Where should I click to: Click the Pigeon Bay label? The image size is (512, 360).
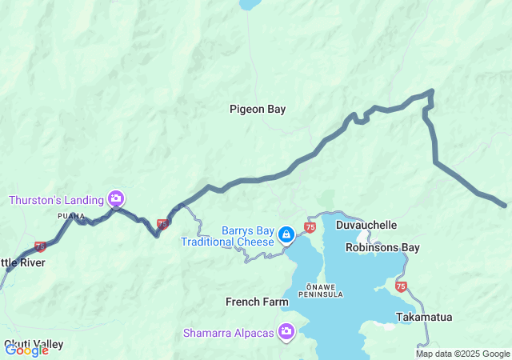(257, 109)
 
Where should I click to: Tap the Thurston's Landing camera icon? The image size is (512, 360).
(116, 198)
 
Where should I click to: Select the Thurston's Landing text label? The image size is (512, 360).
(57, 198)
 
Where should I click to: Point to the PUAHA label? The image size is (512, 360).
(70, 216)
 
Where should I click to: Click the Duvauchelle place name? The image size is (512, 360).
(366, 226)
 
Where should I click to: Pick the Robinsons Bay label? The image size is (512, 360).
(382, 247)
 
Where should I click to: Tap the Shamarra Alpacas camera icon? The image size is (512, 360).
(286, 331)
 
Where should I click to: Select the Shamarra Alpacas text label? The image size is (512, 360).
(228, 332)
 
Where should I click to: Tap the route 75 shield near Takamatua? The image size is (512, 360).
(401, 285)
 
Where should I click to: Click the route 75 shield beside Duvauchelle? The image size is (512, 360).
(310, 228)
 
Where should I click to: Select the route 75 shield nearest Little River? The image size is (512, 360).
(40, 246)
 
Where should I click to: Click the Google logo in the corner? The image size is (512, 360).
(26, 350)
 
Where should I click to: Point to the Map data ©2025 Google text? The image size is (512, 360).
(462, 354)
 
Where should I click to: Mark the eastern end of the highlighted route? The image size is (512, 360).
(505, 206)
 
